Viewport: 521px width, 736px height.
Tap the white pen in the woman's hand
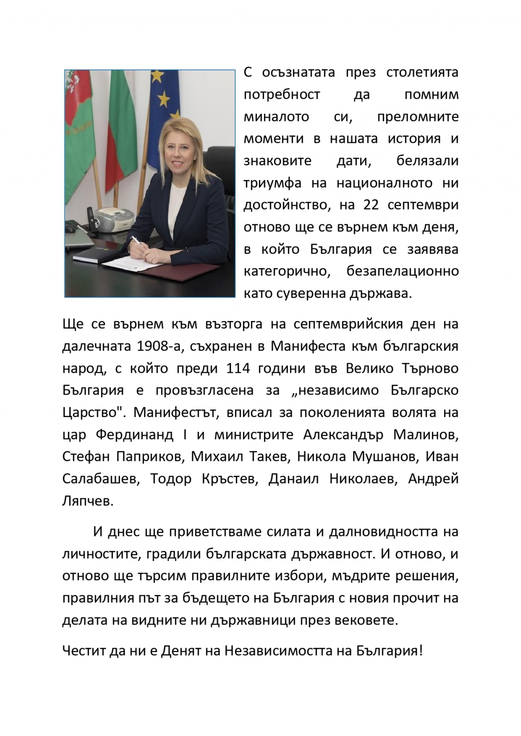[x=138, y=245]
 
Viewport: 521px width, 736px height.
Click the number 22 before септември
[x=371, y=205]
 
